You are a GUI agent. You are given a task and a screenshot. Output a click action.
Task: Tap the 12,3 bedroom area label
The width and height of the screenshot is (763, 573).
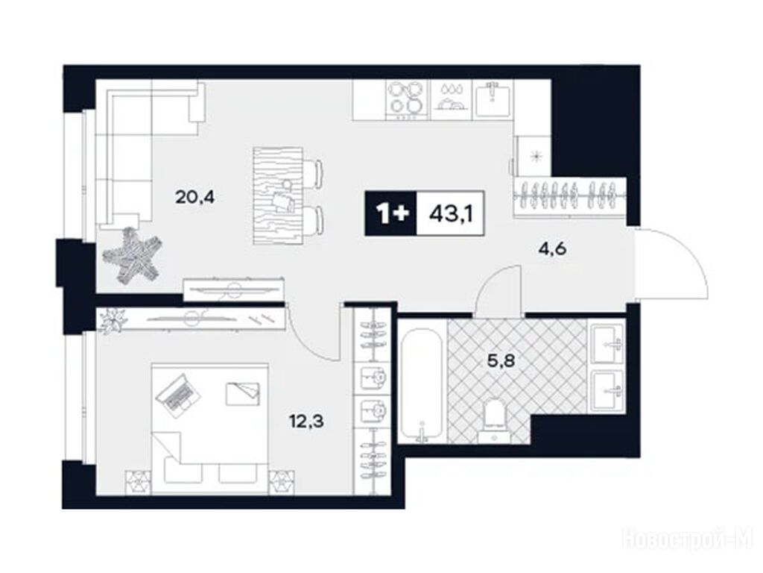coord(306,420)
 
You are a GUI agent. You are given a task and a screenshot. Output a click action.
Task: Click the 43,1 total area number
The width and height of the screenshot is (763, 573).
coord(451,213)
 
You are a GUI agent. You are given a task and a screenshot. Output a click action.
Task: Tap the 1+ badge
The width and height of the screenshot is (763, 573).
coord(391,213)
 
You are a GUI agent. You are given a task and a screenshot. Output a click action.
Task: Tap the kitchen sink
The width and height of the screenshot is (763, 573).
coord(494,99)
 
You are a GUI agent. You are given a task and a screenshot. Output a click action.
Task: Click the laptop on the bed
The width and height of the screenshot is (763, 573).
coord(178,395)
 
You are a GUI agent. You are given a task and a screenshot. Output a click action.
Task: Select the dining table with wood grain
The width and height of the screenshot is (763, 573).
coord(278,196)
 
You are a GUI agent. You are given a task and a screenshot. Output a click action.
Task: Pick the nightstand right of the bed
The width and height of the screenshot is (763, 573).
coord(282,481)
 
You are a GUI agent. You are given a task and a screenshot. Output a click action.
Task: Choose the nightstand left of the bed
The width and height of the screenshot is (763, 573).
coord(138,481)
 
